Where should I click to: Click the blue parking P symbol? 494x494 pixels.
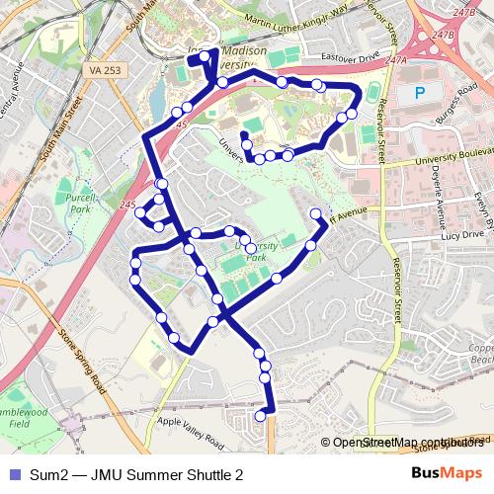tap(420, 93)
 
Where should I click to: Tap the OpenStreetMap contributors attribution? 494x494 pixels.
tap(404, 443)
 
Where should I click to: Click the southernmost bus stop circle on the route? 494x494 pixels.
tap(261, 417)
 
